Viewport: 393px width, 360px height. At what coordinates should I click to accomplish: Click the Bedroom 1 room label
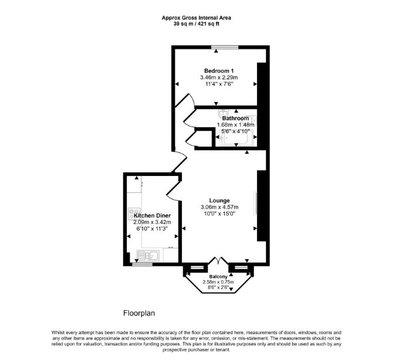(219, 70)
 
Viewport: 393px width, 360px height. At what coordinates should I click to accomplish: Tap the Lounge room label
(219, 201)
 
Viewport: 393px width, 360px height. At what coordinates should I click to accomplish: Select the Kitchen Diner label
(152, 215)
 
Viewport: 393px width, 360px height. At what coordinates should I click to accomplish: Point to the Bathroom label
(235, 118)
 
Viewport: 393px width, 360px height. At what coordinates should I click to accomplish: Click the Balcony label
(218, 277)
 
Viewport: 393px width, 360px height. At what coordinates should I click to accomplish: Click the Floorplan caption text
(139, 313)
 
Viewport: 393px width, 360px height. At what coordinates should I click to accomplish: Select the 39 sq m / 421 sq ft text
(196, 24)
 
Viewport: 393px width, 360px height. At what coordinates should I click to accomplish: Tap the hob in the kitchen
(134, 213)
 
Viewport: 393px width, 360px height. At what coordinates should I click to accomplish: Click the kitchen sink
(148, 256)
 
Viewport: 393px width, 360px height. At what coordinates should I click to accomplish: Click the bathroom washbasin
(222, 113)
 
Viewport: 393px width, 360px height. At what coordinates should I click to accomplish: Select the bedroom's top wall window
(225, 47)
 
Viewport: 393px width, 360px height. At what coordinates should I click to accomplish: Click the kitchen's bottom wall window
(142, 264)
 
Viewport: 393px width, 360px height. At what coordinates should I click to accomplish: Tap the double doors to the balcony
(218, 260)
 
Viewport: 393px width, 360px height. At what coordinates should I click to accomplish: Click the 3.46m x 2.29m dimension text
(219, 77)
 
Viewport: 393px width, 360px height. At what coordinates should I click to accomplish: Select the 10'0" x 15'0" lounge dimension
(219, 213)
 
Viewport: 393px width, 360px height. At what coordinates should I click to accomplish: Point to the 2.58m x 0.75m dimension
(218, 282)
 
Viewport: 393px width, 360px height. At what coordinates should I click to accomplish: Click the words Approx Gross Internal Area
(196, 18)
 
